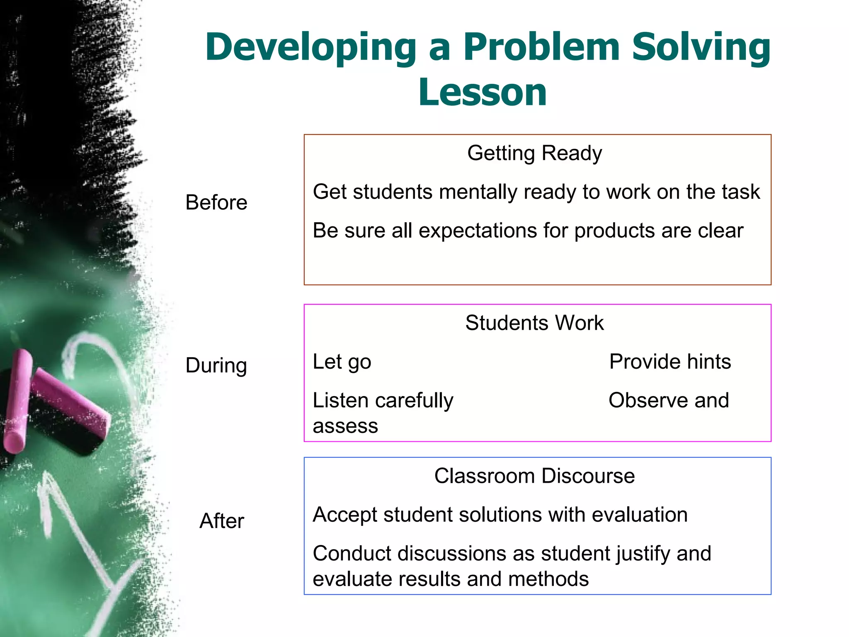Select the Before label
216,202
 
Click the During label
216,365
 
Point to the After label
221,521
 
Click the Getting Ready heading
534,153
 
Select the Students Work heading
534,323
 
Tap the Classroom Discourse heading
534,476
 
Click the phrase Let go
342,362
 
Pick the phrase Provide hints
670,362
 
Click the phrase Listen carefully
383,401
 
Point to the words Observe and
668,401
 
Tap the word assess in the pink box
345,426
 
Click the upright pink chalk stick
17,401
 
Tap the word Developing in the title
310,48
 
